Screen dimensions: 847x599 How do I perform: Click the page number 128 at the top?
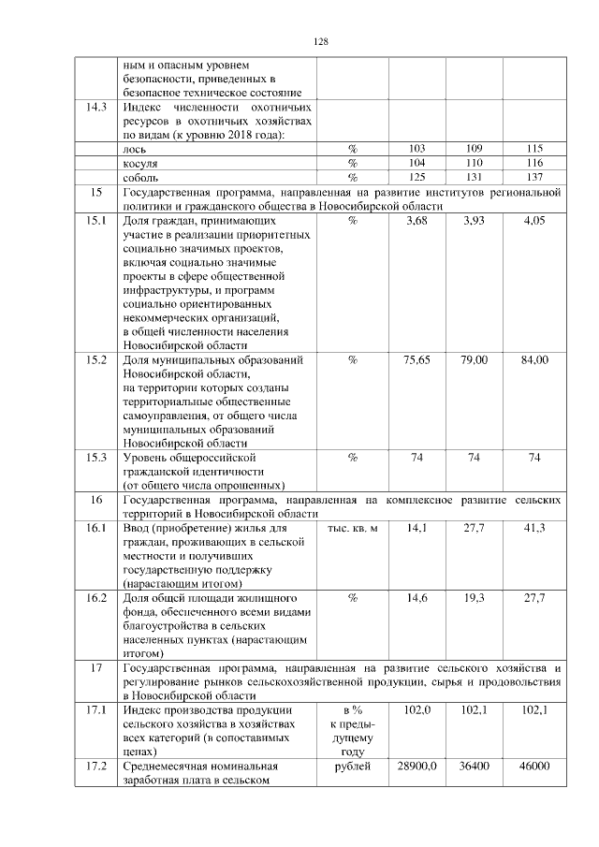[320, 41]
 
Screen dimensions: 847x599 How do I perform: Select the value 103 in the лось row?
[417, 149]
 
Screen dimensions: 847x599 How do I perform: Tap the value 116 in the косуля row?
[534, 163]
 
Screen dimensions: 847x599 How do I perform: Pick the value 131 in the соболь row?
[475, 177]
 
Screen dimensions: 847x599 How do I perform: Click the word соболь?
[140, 177]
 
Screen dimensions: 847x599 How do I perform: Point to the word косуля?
[139, 163]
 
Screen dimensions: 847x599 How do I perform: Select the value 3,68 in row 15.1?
[417, 220]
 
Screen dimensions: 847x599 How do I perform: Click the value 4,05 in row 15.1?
[534, 220]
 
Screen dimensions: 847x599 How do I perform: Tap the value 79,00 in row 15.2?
[475, 359]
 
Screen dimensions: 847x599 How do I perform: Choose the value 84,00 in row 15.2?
[534, 359]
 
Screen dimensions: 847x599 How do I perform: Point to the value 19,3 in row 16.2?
[475, 597]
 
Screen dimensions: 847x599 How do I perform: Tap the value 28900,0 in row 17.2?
[417, 767]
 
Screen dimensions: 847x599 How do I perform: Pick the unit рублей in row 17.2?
[352, 767]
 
